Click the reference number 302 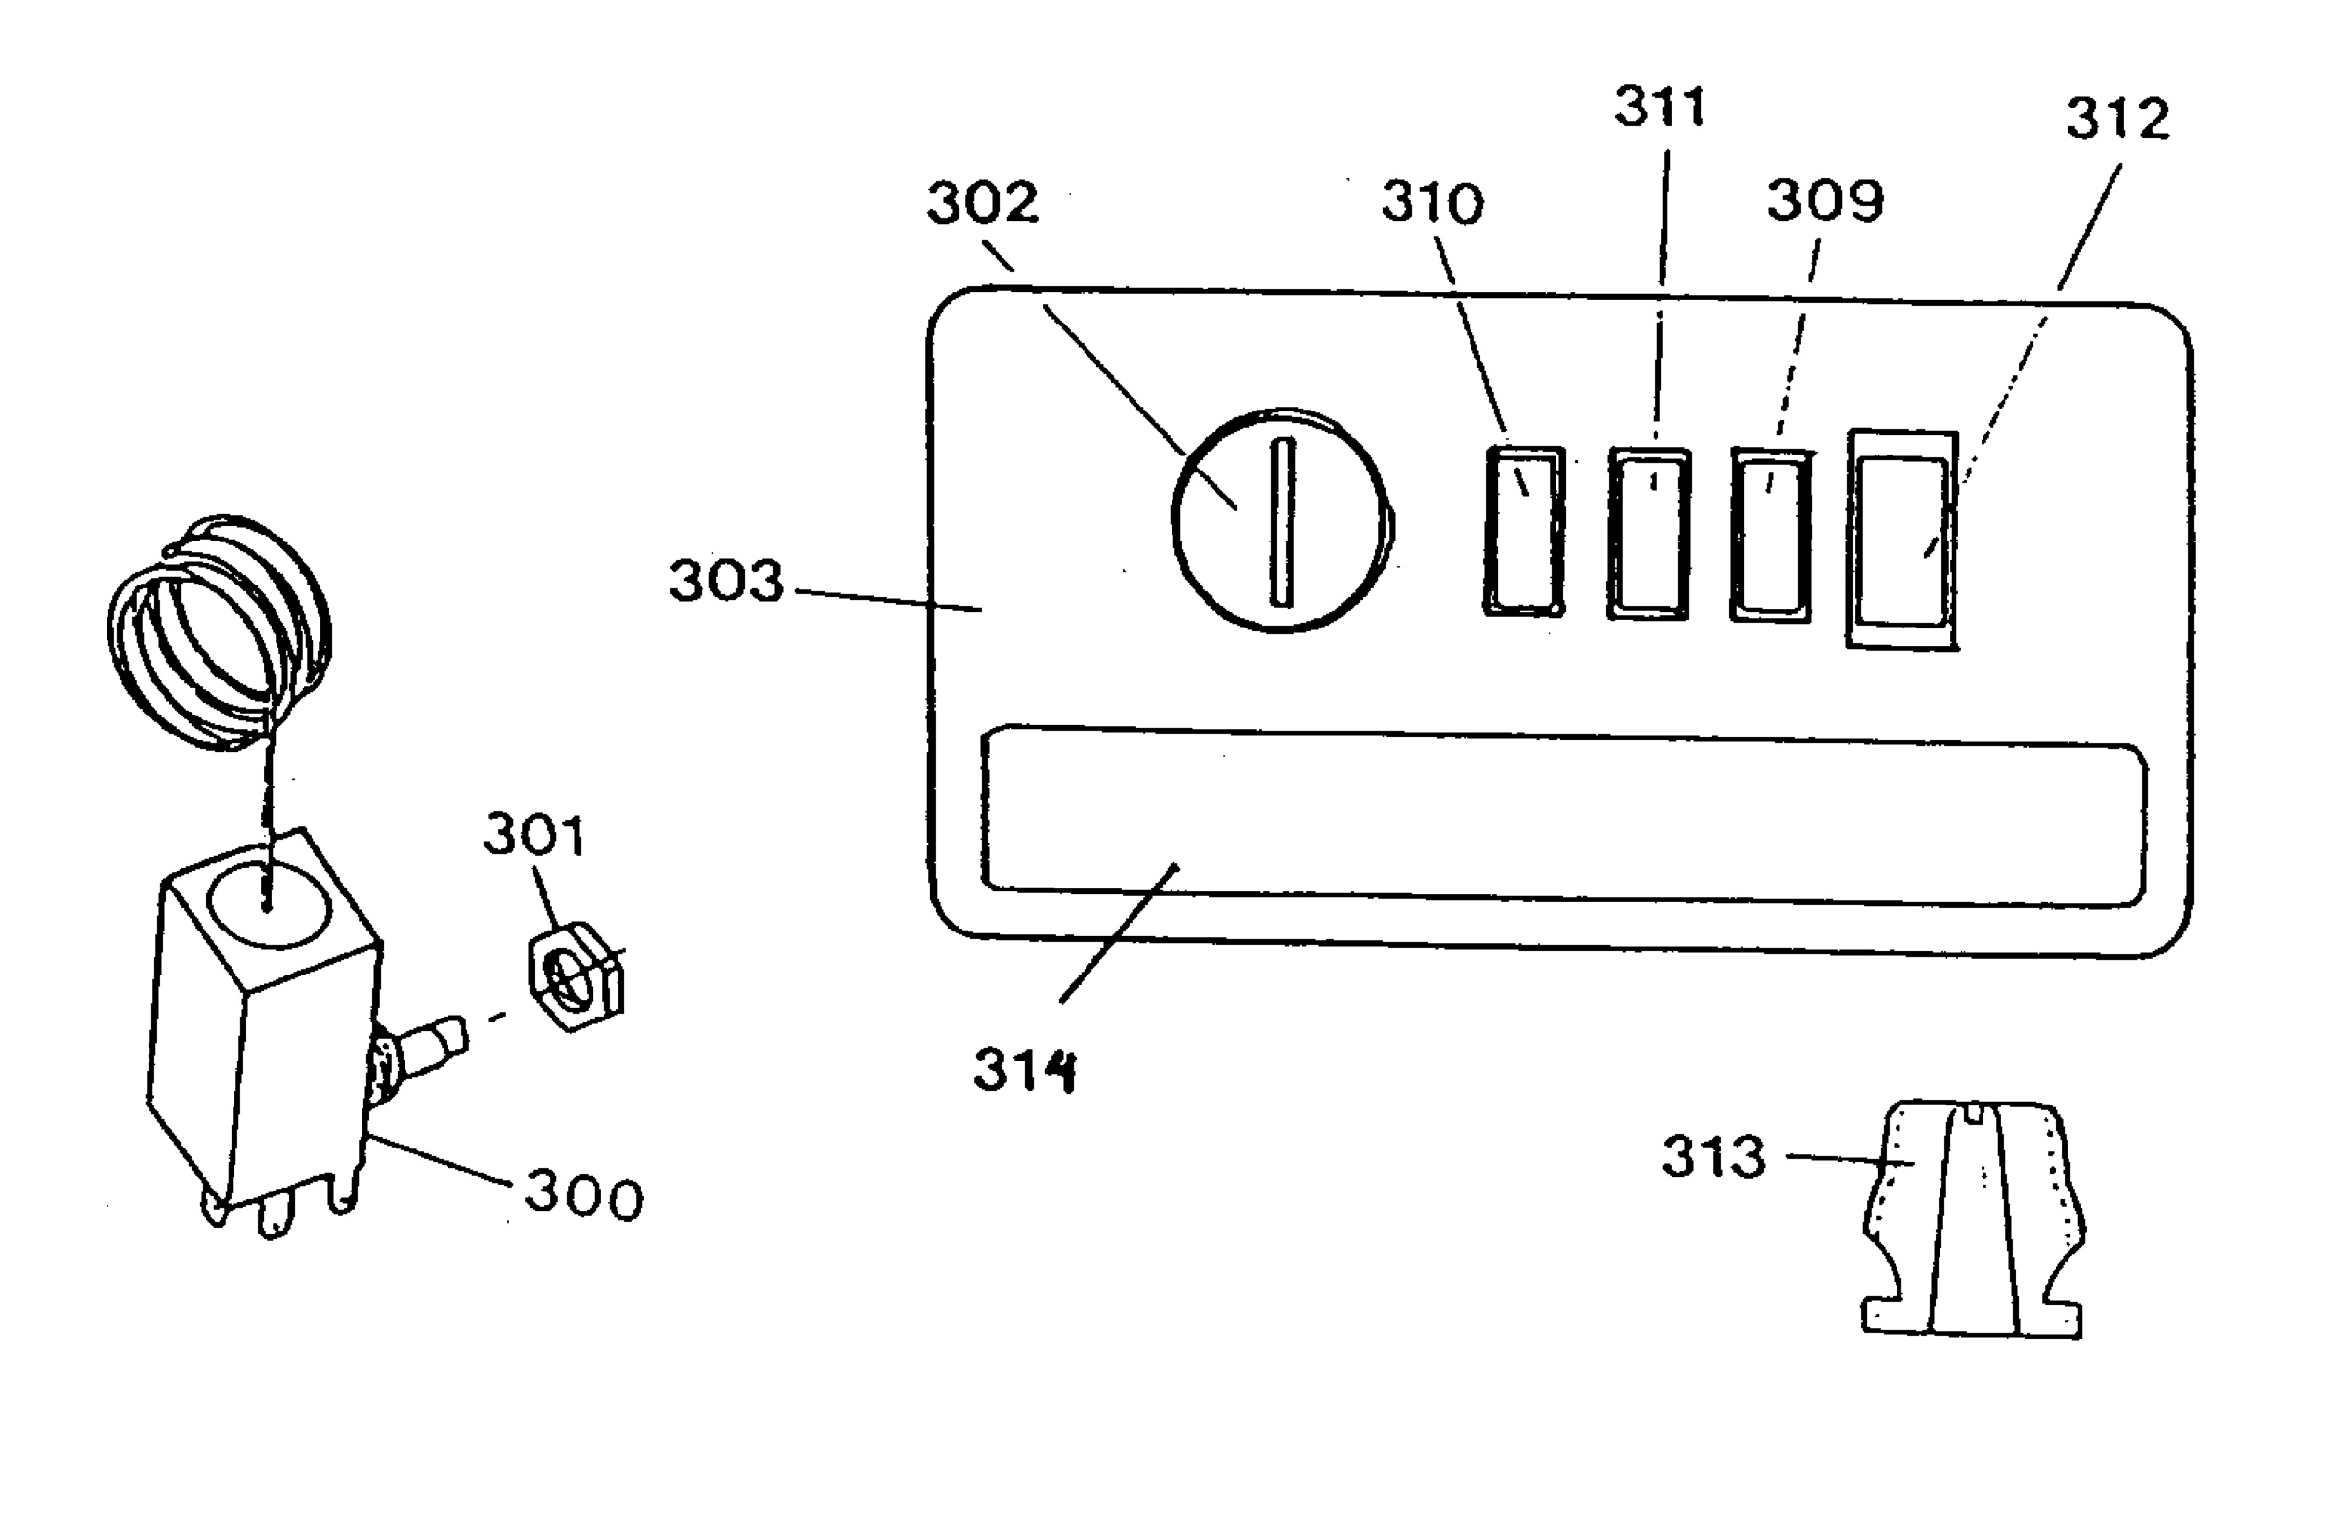pos(982,202)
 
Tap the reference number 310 pos(1431,202)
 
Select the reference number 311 pos(1660,107)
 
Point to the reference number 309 pos(1824,199)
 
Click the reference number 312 pos(2116,119)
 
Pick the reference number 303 pos(726,580)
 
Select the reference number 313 pos(1713,1155)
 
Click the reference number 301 pos(533,835)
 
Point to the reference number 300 pos(583,1197)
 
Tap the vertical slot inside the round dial pos(1282,522)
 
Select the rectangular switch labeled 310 pos(1524,531)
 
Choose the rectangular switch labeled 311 pos(1649,533)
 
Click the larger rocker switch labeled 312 pos(1902,540)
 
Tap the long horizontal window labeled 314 pos(1564,816)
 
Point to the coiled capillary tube pos(220,632)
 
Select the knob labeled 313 pos(1973,1219)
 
